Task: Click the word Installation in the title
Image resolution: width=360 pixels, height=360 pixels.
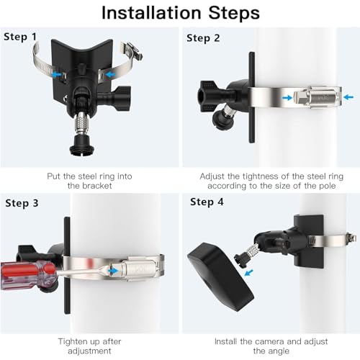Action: coord(150,12)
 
